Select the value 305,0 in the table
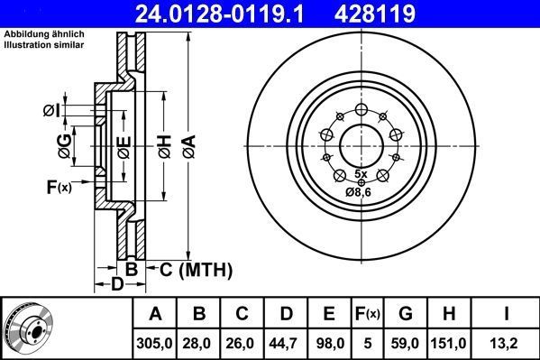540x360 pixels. pos(156,342)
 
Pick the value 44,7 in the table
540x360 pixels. pos(286,342)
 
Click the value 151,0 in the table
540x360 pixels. pos(449,342)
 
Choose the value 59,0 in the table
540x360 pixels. pos(405,342)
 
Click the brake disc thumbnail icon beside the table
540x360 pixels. pos(28,328)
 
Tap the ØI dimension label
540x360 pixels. pos(51,111)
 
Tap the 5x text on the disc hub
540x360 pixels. pos(361,172)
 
